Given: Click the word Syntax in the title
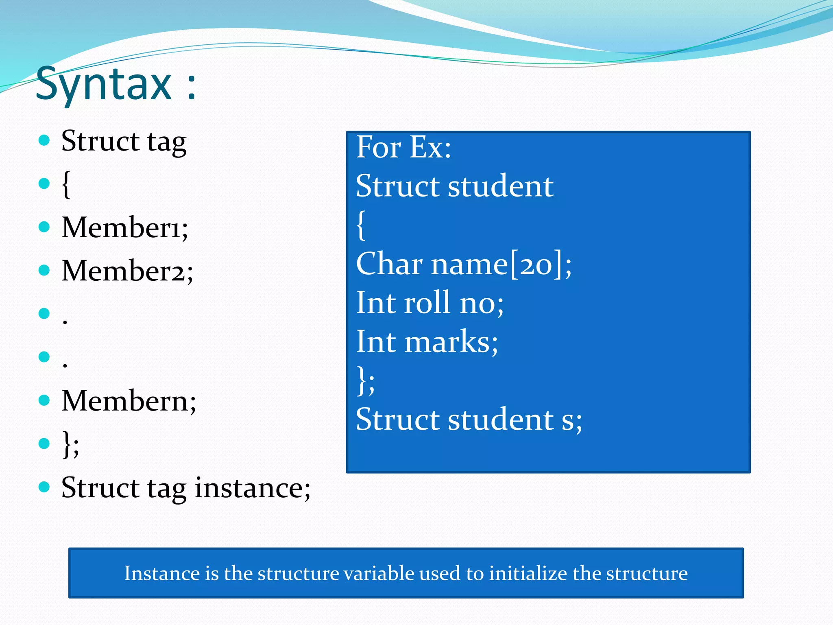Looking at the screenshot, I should (104, 85).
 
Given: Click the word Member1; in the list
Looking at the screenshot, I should (124, 227).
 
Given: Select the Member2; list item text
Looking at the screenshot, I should (127, 271).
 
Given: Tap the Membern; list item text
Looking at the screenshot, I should (129, 401).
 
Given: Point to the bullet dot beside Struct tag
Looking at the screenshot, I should (44, 141).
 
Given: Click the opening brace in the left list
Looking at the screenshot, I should (66, 184).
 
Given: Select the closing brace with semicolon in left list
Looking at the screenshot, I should (70, 444).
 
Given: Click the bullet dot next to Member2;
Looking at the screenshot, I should (44, 270).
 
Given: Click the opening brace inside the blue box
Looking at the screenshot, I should (361, 225).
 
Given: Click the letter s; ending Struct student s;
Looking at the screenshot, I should (571, 420).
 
